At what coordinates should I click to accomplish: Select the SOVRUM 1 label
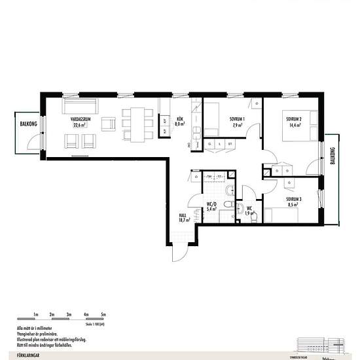237,122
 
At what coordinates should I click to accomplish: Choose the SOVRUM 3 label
293,202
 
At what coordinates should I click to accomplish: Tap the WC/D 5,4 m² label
212,207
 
